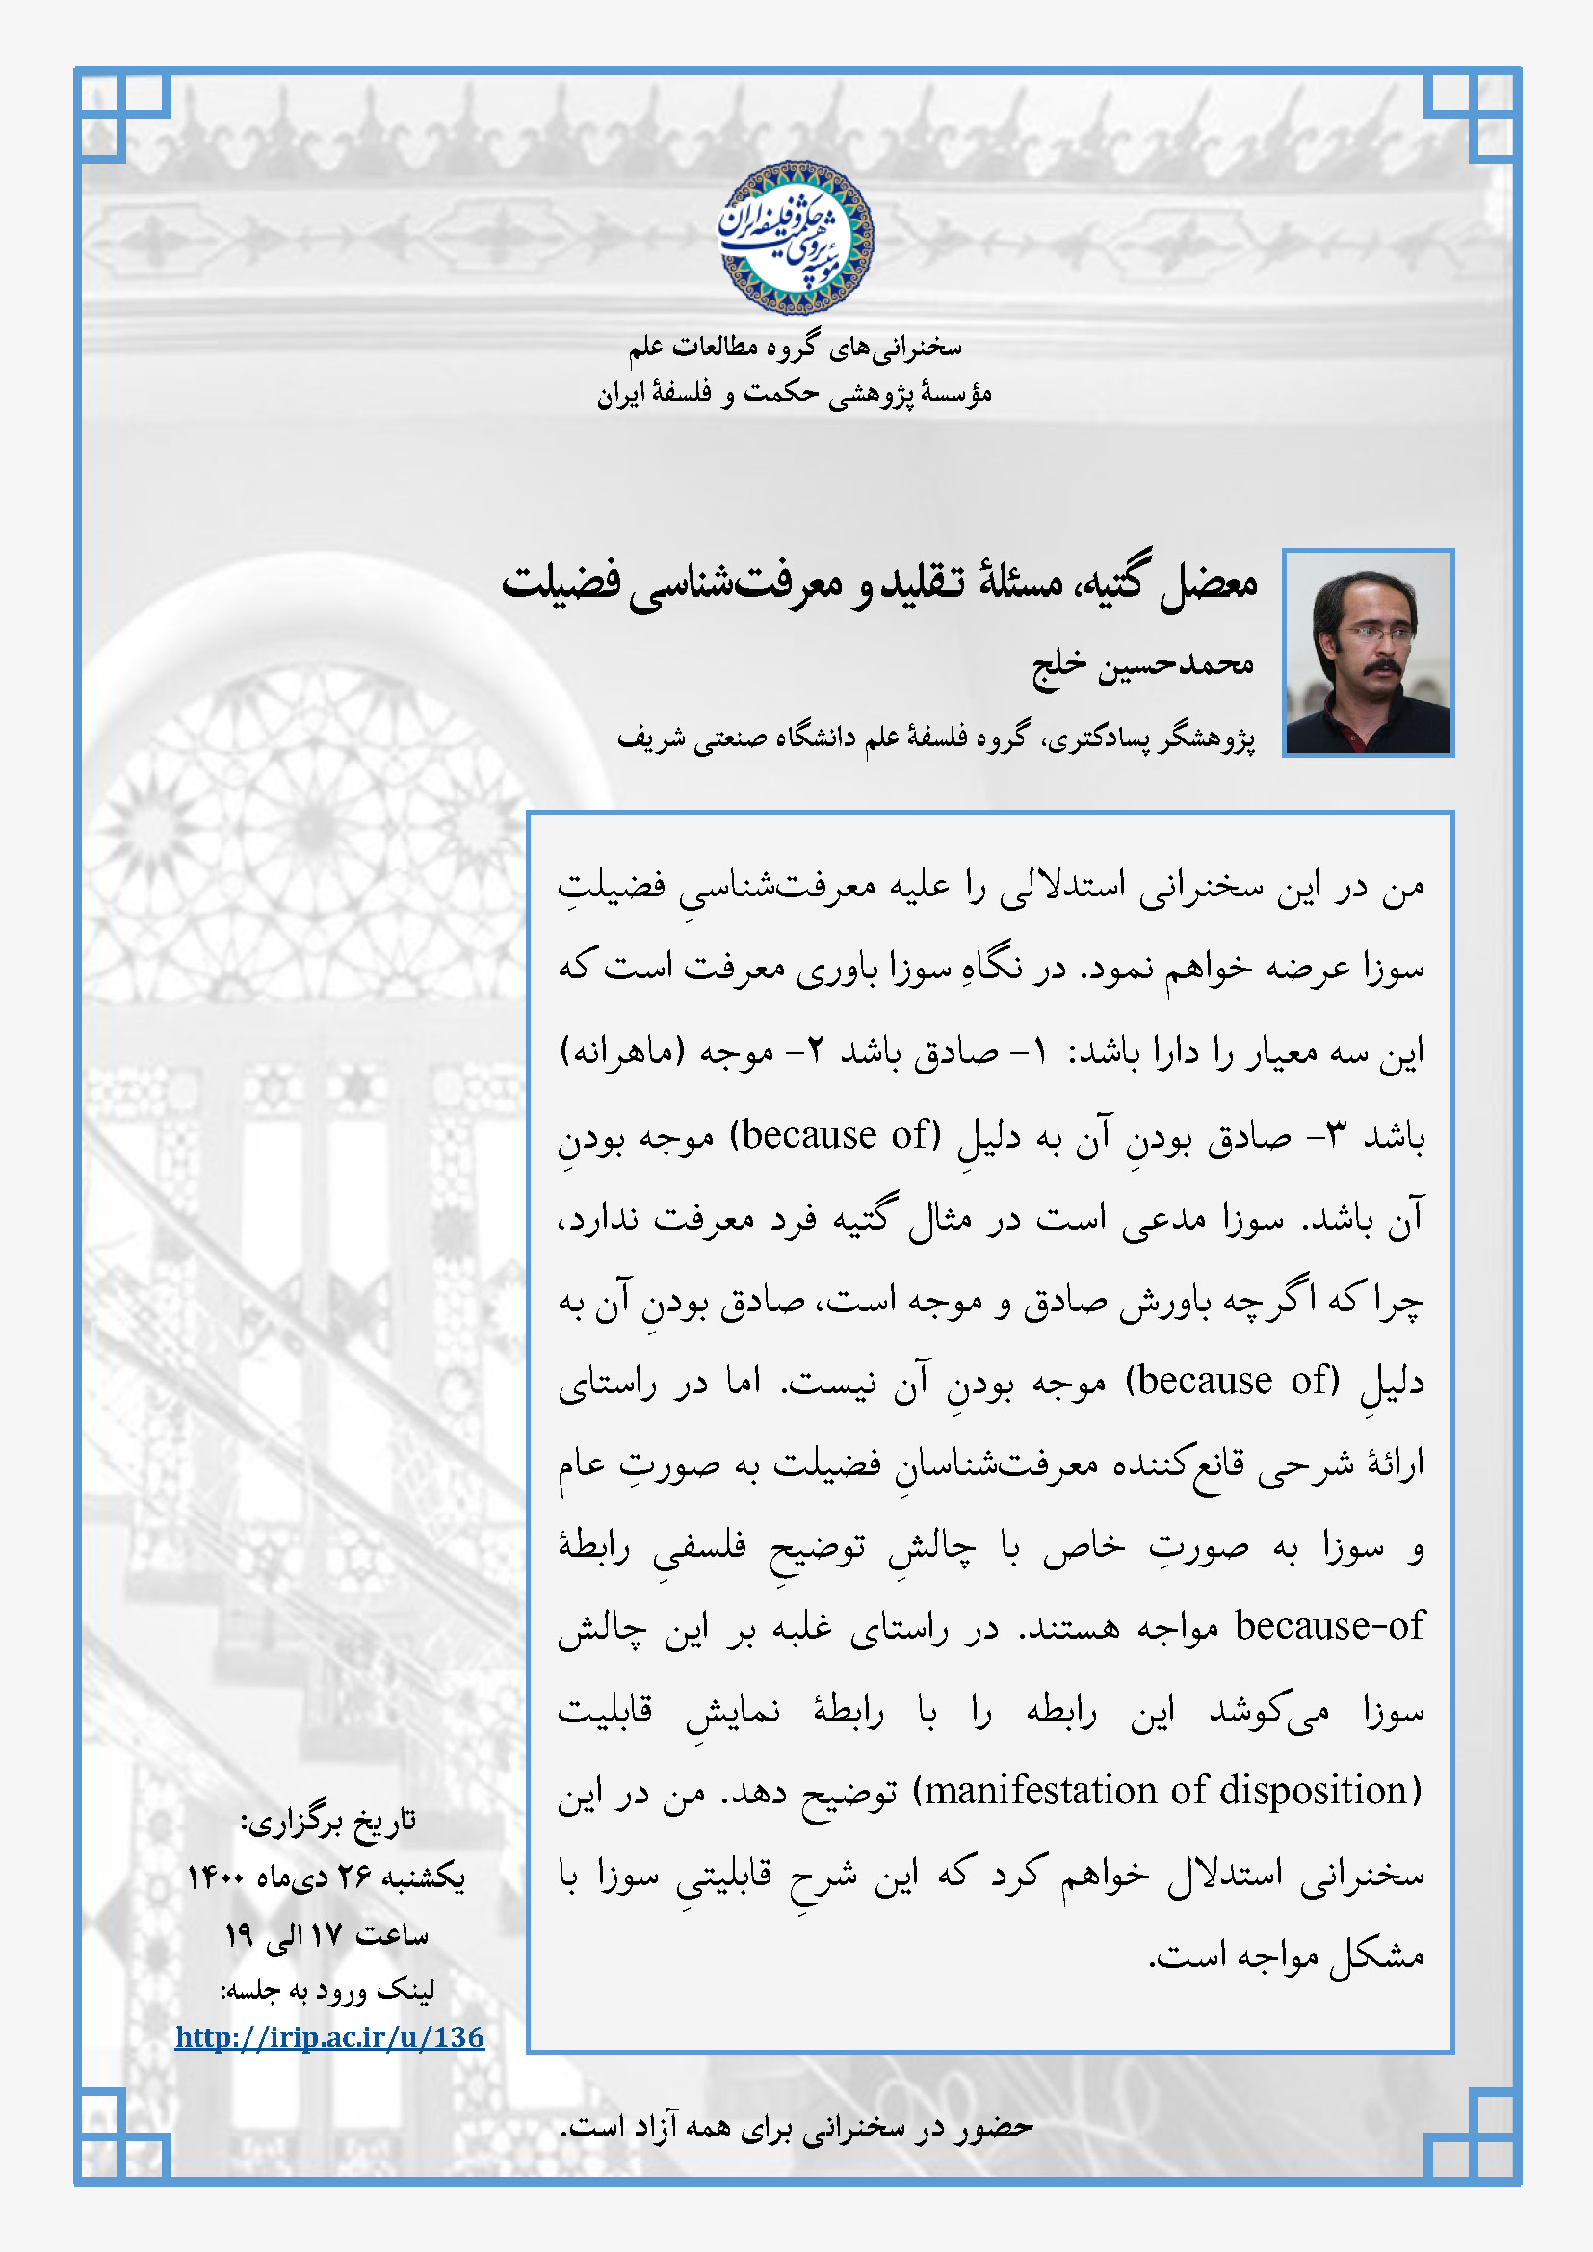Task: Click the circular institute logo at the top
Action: pos(796,239)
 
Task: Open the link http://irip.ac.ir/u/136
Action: pos(329,2038)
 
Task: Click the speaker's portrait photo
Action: pos(1368,652)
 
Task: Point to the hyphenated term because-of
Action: pos(1328,1626)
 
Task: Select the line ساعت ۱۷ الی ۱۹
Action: pos(326,1934)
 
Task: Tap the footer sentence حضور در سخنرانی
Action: pos(796,2127)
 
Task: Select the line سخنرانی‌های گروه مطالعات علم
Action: pos(796,348)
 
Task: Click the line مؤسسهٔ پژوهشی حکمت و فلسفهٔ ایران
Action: pos(795,395)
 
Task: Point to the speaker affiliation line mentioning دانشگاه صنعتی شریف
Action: pos(936,738)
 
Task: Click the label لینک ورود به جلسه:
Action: pos(327,1989)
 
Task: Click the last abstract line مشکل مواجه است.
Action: pos(1286,1955)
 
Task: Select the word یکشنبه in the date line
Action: pos(422,1877)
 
